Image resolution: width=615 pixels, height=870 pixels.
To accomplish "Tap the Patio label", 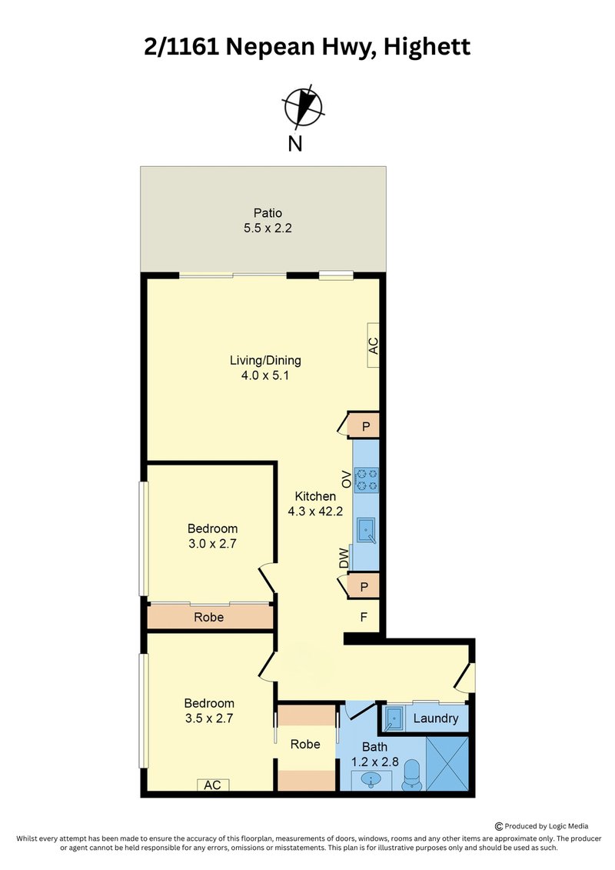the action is coord(268,213).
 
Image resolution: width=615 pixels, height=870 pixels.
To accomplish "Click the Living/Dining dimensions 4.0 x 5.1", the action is coord(265,375).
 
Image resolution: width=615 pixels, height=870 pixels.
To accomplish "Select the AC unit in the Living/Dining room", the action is coord(373,345).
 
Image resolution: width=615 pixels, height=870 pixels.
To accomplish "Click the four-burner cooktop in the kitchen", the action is coord(366,480).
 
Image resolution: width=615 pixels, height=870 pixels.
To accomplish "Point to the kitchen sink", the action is coord(366,531).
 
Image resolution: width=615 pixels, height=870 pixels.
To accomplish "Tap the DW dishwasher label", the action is coord(344,558).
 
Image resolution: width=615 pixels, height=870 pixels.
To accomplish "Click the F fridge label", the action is coord(364,617).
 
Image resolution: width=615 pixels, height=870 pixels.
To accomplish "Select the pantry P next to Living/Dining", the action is coord(365,426).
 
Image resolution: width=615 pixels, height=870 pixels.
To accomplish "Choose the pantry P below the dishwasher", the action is coord(364,586).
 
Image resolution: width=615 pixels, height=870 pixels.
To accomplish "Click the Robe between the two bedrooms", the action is coord(209,617).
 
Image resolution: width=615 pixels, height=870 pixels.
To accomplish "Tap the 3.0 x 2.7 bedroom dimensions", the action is coord(212,544).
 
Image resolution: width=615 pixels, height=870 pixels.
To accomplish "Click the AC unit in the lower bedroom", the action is coord(213,785).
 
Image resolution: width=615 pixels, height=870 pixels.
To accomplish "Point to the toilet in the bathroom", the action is coord(411,775).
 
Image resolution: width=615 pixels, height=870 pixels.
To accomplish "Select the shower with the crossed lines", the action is coord(447,764).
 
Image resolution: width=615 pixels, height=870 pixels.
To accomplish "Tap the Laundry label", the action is coord(436,718).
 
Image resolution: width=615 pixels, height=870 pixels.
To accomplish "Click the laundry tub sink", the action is coord(393,718).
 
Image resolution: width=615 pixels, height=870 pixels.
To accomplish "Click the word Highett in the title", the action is coord(427,47).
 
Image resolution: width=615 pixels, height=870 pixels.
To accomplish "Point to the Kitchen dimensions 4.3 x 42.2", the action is coord(315,512).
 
